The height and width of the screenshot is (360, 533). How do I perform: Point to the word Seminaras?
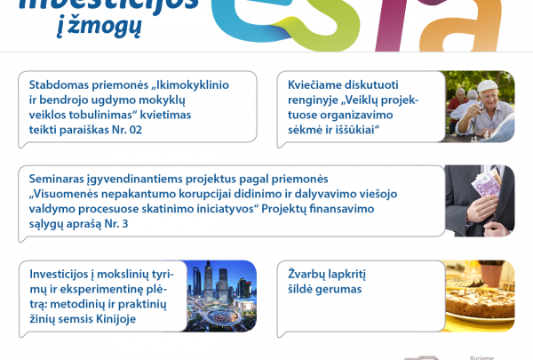61,178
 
